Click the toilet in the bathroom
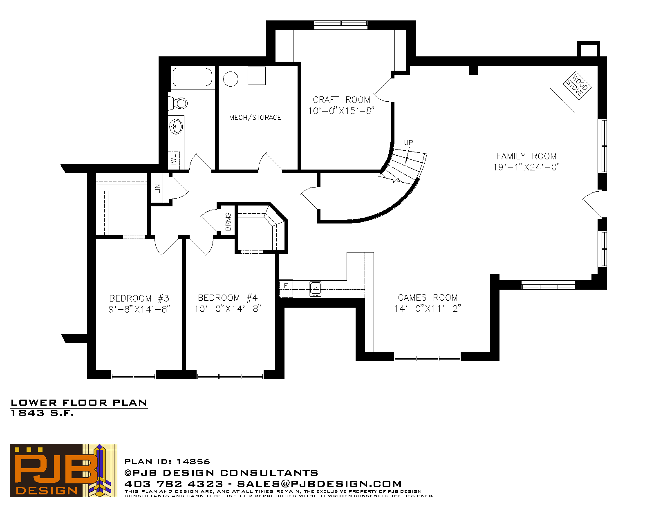178,103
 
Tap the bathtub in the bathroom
193,77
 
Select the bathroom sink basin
176,126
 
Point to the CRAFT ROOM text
341,100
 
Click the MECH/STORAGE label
255,117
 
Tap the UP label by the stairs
408,142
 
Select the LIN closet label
157,189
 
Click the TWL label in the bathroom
173,160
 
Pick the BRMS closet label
228,222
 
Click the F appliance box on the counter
286,289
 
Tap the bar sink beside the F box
316,289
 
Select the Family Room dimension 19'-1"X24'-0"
526,167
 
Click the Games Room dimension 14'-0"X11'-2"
428,308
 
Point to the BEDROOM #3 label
139,298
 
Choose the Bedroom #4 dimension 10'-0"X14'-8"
228,308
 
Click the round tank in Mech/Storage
231,79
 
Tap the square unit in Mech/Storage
257,76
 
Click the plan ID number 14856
193,462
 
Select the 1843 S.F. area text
42,413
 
